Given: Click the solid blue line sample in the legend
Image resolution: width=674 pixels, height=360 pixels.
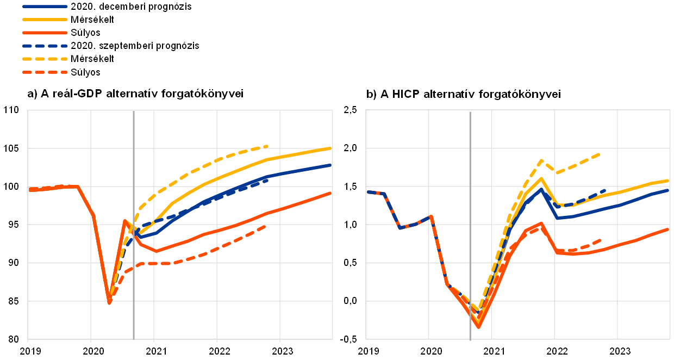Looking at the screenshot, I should (x=45, y=7).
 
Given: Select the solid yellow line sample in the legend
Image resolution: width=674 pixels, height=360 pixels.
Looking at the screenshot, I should (x=45, y=20).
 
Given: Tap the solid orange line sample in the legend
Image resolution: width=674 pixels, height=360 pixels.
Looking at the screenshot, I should (x=45, y=33).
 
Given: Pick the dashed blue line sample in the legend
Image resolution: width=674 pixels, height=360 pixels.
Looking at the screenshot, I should (x=45, y=46).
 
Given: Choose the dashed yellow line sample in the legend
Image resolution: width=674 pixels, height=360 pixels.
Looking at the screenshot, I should (x=45, y=59).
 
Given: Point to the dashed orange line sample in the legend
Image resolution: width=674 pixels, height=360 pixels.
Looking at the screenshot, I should (x=45, y=72).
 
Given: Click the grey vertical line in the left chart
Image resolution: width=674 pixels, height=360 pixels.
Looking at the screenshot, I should (x=134, y=163).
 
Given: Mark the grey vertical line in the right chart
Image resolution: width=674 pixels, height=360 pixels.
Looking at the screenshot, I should (x=470, y=163).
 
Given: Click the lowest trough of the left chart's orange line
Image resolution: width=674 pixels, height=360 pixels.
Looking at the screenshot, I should (x=109, y=302).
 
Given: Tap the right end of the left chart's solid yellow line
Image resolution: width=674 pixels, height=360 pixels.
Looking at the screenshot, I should (x=330, y=148).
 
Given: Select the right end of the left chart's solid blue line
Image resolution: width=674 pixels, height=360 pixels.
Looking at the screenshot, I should (x=330, y=165).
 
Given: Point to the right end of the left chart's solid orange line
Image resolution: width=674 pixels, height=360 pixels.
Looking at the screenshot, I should (x=330, y=193).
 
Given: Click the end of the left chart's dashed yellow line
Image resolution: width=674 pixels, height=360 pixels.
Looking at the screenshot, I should (x=267, y=146).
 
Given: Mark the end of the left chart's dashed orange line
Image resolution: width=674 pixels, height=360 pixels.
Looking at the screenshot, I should (x=265, y=226).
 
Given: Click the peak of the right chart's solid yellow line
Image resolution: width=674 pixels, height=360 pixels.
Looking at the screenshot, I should (x=541, y=178).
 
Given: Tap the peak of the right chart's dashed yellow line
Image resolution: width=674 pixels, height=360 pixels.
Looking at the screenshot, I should (x=542, y=160).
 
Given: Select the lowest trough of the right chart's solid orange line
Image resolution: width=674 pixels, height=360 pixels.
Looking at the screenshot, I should (x=479, y=327).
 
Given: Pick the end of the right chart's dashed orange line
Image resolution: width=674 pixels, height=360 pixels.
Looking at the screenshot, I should (x=601, y=239).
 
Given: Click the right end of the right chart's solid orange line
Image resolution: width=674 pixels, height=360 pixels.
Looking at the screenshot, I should (x=668, y=229).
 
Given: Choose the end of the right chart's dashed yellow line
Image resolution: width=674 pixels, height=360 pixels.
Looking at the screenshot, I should (x=600, y=154).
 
